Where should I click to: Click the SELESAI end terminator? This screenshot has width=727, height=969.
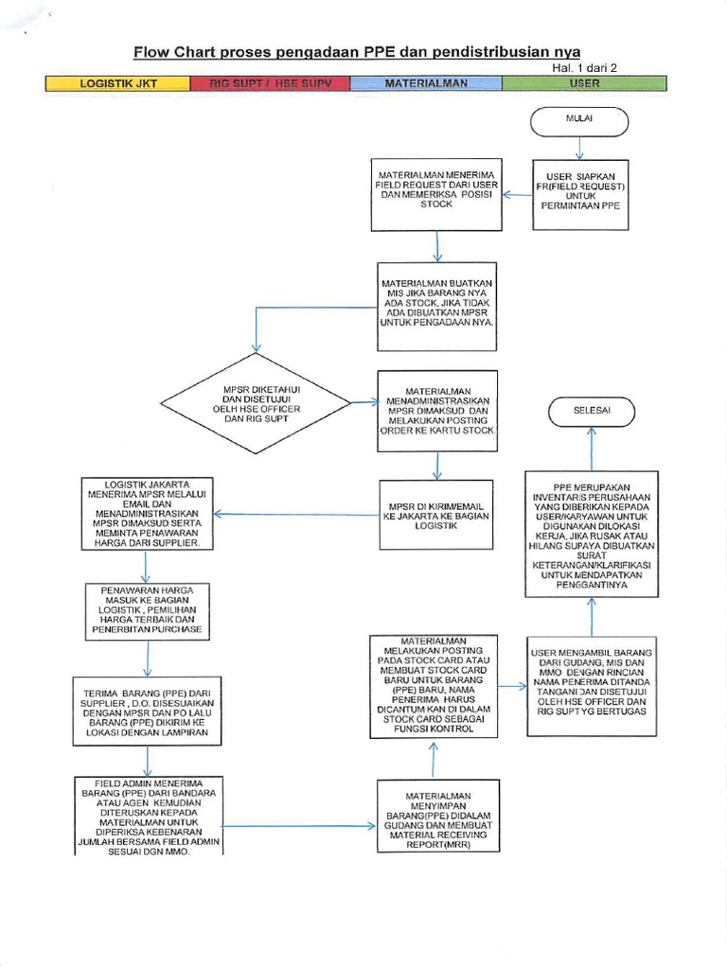pyautogui.click(x=592, y=411)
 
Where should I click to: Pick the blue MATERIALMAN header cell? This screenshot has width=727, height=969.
pyautogui.click(x=425, y=84)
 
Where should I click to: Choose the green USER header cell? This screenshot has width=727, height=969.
pyautogui.click(x=584, y=84)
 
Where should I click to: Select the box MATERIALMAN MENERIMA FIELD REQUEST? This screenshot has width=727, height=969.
pyautogui.click(x=436, y=195)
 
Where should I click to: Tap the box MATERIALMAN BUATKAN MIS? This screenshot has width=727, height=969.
pyautogui.click(x=436, y=302)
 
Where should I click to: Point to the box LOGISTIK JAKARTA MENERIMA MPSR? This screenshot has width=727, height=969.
pyautogui.click(x=147, y=515)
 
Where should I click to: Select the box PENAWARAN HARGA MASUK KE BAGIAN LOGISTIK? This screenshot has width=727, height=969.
pyautogui.click(x=147, y=610)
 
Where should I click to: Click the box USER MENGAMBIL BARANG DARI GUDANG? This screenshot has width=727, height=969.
pyautogui.click(x=592, y=682)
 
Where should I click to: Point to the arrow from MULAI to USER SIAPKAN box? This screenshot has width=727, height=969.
pyautogui.click(x=579, y=149)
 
